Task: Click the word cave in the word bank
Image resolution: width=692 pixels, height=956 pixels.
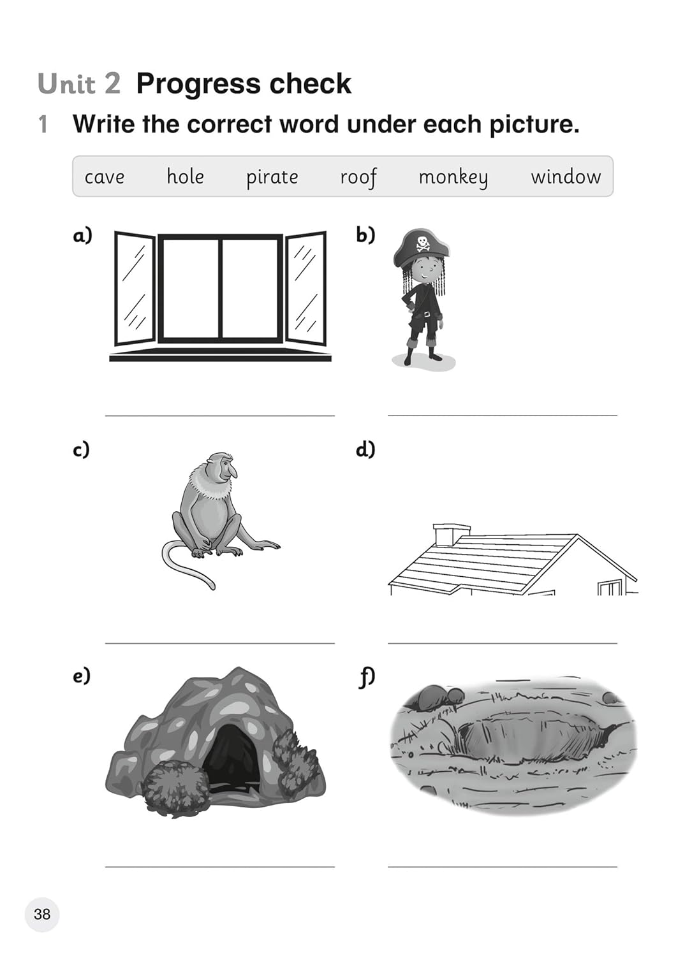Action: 105,177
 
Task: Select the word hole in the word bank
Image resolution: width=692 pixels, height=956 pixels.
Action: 186,176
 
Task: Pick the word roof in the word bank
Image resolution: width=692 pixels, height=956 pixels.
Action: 358,177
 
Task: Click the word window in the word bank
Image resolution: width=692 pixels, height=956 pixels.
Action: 566,177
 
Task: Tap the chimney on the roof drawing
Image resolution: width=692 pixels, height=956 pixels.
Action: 452,534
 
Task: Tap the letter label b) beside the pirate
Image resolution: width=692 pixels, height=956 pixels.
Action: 365,235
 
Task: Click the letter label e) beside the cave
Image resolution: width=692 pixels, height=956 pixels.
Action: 82,676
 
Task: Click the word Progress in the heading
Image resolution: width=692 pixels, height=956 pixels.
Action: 198,85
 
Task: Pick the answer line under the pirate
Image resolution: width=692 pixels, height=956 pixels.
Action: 503,415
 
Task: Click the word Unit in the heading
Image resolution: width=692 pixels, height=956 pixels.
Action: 66,83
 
